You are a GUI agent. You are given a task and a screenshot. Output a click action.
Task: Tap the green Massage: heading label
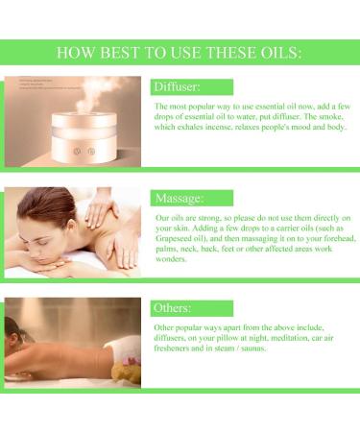click(x=185, y=198)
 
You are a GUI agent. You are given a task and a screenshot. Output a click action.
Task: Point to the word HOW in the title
click(x=80, y=52)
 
